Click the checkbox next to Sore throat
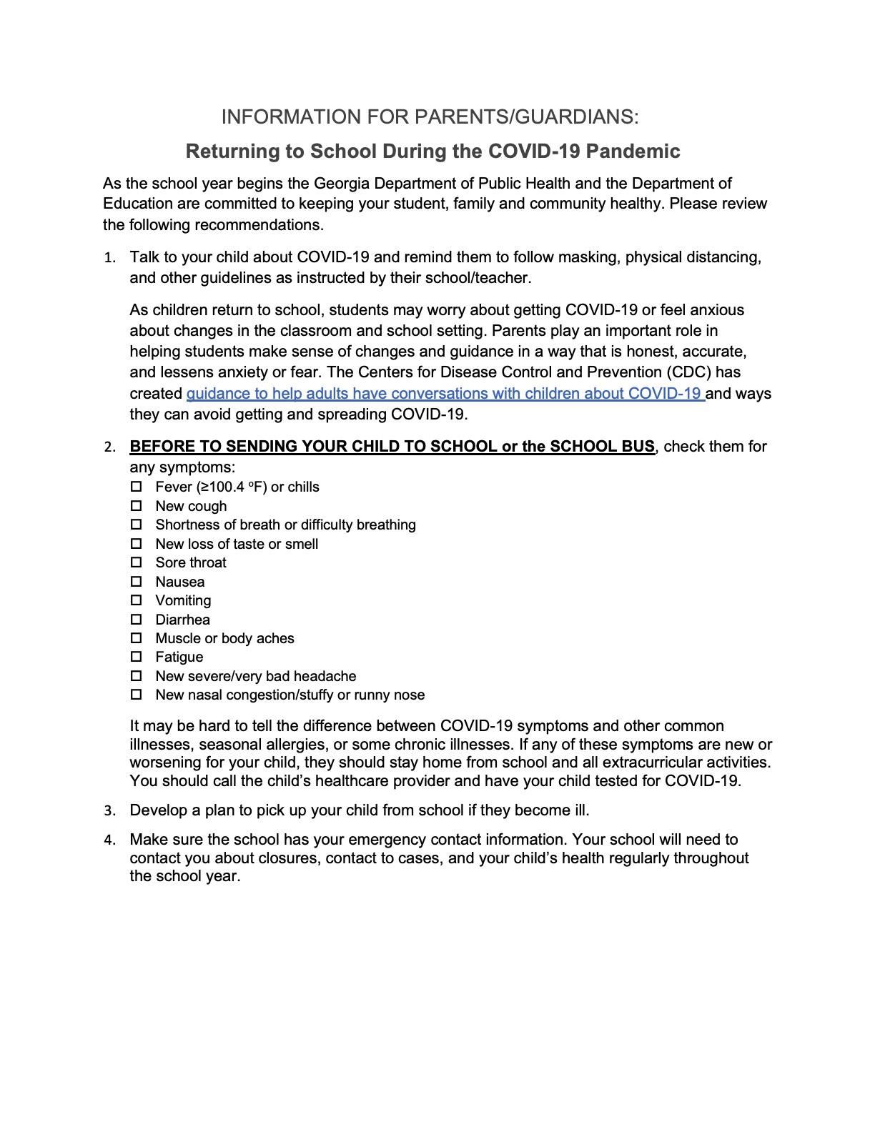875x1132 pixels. coord(137,562)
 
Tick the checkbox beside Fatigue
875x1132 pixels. coord(137,657)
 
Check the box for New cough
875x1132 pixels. coord(137,506)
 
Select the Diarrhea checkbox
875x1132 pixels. coord(137,620)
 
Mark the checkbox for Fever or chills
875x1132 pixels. coord(137,487)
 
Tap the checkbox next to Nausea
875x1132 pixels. coord(137,582)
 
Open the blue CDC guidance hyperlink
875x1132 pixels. coord(443,394)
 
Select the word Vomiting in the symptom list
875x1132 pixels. coord(183,601)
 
